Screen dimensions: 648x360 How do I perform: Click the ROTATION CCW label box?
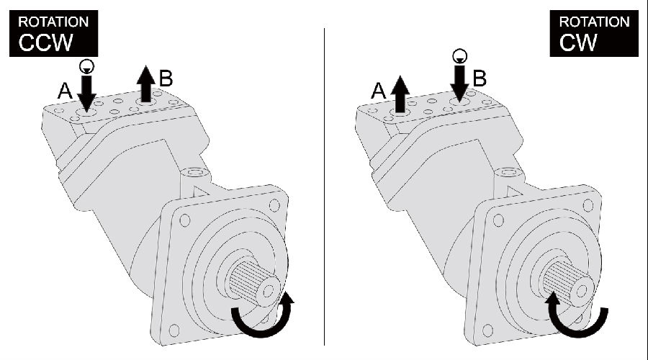tap(54, 33)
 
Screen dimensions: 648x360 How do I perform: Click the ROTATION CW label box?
tap(594, 33)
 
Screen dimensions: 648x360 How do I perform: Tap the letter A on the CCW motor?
tap(65, 91)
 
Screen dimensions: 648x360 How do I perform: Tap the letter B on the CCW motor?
tap(166, 78)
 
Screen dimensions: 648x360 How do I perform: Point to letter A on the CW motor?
tap(379, 91)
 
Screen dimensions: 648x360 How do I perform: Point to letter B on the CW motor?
tap(480, 78)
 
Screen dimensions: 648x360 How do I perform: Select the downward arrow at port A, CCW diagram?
tap(86, 93)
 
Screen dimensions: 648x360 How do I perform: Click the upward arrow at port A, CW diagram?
tap(400, 94)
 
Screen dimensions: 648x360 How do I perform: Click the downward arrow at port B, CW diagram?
tap(459, 83)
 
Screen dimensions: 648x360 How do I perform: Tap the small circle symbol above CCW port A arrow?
tap(86, 66)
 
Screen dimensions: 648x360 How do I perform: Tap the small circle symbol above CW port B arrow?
tap(459, 55)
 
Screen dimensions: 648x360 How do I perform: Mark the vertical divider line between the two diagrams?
tap(324, 186)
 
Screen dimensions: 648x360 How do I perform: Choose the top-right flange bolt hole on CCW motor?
tap(274, 205)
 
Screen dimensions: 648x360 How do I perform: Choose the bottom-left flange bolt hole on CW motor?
tap(487, 330)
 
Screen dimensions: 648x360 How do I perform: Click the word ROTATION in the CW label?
tap(594, 22)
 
